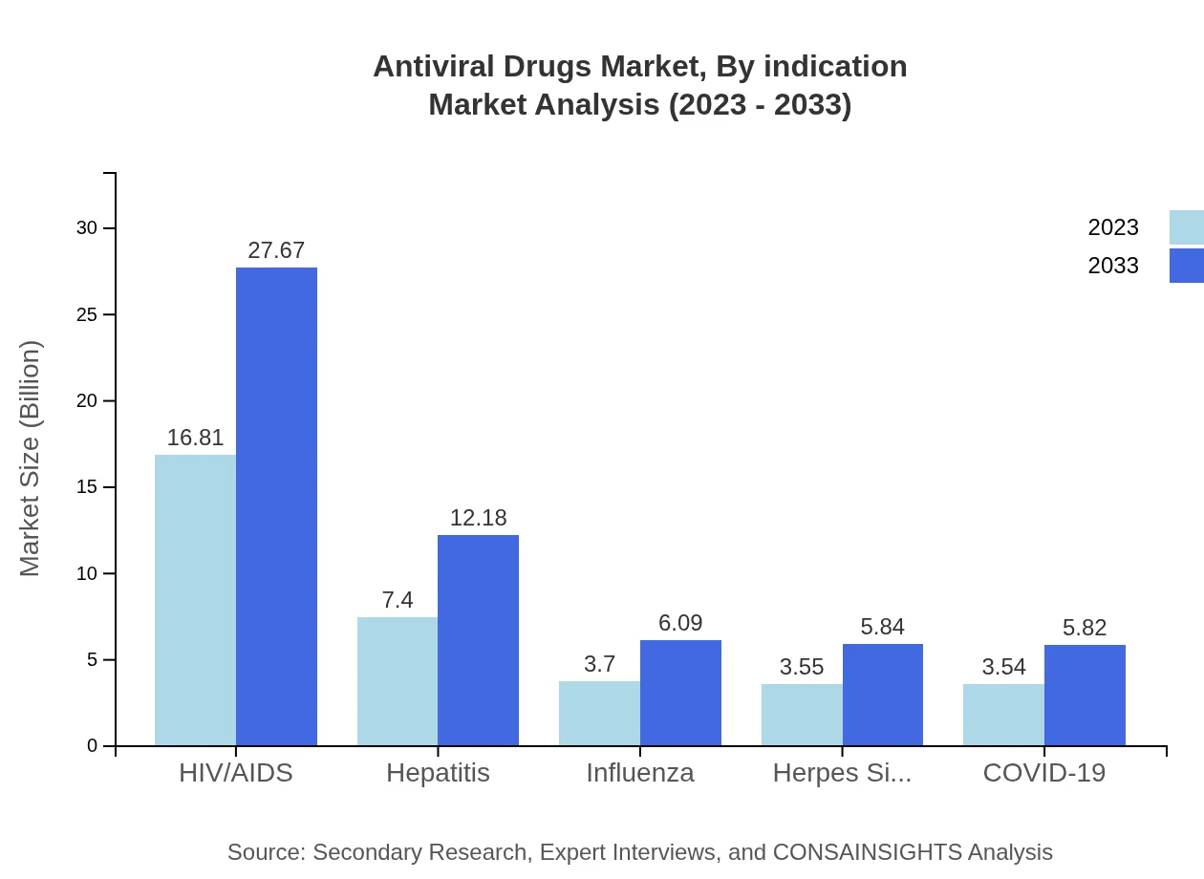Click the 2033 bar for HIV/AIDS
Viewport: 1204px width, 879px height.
point(276,506)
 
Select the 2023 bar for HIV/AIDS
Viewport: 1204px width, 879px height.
point(195,600)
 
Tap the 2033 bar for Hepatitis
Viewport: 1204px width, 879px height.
point(478,640)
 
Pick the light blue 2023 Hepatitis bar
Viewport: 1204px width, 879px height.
point(398,681)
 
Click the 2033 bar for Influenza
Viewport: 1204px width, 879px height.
point(680,693)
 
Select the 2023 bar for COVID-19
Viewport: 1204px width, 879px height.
point(1003,715)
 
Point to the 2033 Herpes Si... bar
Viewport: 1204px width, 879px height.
point(883,695)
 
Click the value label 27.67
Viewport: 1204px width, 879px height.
point(276,250)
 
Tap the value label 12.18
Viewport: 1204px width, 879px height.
point(478,518)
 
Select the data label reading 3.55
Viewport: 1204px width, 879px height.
point(802,667)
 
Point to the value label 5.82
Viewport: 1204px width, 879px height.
point(1085,628)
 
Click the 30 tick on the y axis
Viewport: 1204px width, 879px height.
point(87,228)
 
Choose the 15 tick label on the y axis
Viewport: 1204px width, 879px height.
point(87,487)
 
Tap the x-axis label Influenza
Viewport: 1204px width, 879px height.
point(640,773)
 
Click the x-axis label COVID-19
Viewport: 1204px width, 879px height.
point(1043,773)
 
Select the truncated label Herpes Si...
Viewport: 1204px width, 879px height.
point(842,773)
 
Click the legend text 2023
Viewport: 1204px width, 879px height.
point(1113,227)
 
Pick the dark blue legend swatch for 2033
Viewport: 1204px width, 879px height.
point(1186,266)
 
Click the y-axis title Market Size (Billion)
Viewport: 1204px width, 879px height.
point(31,459)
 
